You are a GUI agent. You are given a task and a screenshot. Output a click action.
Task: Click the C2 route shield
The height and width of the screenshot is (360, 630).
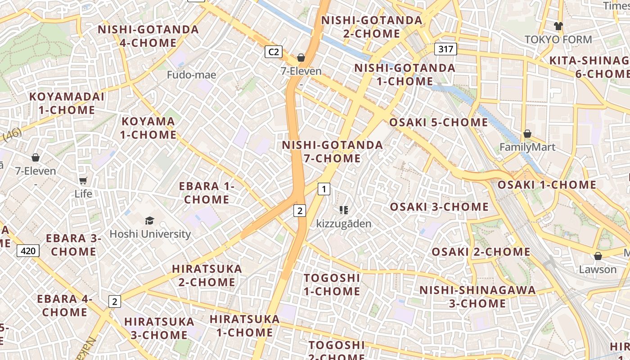point(273,52)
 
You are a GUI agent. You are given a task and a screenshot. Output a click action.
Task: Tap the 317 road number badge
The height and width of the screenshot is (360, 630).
point(445,49)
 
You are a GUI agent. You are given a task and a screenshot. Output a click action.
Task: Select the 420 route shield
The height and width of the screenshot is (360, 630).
point(28,251)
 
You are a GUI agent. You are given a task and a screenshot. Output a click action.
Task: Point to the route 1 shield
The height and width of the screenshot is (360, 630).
point(324,189)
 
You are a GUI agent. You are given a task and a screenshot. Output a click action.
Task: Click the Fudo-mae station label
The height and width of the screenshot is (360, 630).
point(191,75)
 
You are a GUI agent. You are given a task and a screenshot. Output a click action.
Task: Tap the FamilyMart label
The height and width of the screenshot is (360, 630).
point(527,147)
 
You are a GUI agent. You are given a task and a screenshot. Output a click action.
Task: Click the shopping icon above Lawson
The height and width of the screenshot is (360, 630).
point(598,256)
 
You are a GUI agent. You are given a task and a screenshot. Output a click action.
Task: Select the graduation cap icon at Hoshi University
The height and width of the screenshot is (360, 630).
point(149,220)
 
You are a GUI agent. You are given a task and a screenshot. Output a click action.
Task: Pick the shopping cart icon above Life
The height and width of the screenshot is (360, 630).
point(83,180)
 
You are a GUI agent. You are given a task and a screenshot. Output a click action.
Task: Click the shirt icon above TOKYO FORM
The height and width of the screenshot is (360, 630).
point(558,26)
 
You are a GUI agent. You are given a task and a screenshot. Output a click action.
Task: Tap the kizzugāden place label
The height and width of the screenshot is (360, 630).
point(344,224)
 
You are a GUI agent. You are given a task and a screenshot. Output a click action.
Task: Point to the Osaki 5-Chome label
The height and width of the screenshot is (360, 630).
point(438,122)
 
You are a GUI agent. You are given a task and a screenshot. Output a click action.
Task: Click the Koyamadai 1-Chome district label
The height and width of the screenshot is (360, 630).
point(67,103)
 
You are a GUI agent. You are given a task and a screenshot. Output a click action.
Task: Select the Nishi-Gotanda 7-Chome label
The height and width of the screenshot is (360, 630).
point(333,152)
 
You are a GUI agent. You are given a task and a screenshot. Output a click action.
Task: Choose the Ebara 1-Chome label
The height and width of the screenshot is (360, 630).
point(207,193)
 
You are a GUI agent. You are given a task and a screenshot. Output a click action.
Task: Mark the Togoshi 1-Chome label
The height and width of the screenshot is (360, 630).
point(332,284)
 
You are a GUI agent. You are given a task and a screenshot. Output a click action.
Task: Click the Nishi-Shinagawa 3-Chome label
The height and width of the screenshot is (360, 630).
point(477,297)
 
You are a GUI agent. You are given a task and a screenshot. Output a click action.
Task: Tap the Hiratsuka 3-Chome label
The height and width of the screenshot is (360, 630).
point(159,328)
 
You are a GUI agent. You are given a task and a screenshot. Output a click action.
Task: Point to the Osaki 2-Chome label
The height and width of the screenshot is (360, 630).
point(481,252)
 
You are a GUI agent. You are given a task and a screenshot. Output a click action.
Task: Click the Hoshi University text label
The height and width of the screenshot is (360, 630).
point(150,234)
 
